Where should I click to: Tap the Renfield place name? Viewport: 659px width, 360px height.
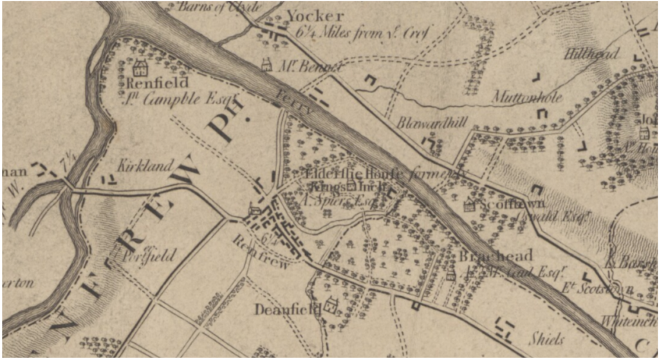[x=157, y=83]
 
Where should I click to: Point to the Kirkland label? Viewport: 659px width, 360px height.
[x=145, y=166]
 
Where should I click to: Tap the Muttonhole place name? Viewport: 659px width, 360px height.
[x=527, y=98]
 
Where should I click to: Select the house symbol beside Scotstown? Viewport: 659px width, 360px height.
[x=469, y=205]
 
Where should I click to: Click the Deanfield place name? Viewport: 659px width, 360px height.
[x=287, y=309]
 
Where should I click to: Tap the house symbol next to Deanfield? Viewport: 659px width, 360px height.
[x=332, y=304]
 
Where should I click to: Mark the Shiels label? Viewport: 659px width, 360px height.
[x=547, y=339]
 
